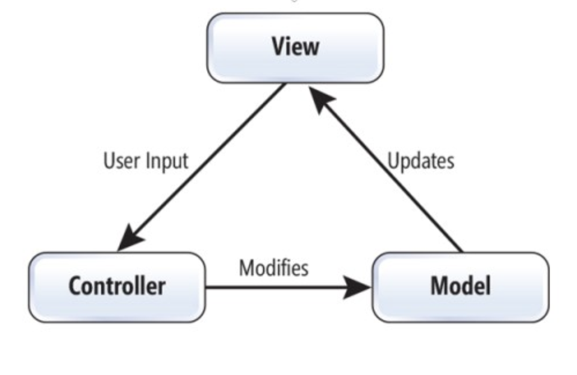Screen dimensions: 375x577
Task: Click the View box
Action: [295, 48]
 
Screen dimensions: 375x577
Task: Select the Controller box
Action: [117, 287]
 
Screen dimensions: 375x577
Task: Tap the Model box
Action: [460, 287]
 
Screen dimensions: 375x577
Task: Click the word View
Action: [295, 47]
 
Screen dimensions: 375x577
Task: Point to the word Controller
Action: [117, 286]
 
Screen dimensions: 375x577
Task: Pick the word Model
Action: [460, 286]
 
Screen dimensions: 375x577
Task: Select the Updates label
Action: [420, 161]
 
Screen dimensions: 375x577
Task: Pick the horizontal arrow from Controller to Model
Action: [277, 288]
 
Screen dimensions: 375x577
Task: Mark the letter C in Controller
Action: [75, 286]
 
